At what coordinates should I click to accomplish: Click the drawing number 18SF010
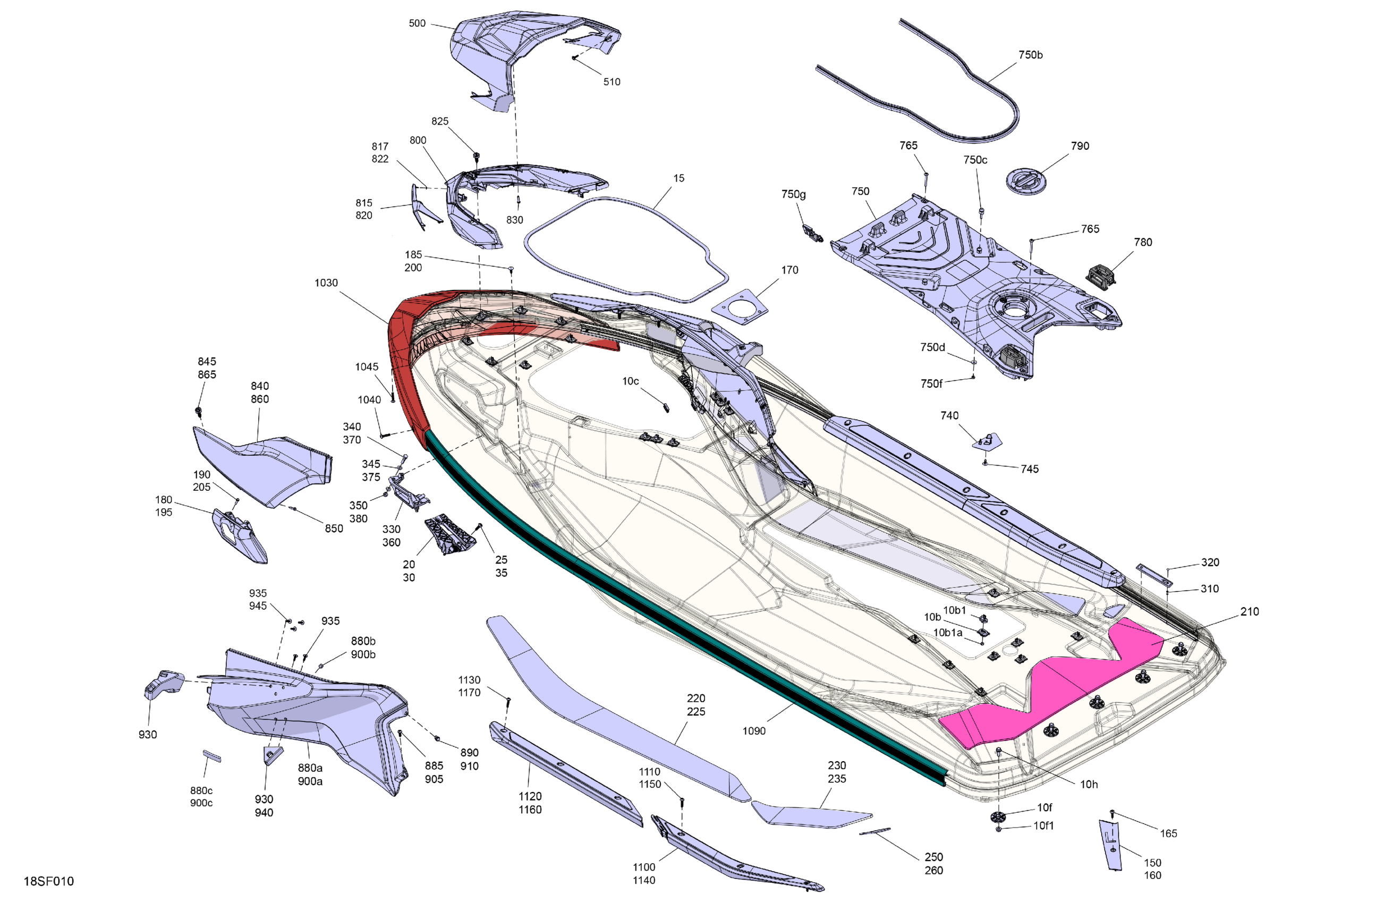[x=48, y=881]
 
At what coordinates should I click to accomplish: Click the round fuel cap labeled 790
[x=1025, y=180]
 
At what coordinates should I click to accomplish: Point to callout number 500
[x=417, y=23]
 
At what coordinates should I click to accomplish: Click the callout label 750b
[x=1030, y=55]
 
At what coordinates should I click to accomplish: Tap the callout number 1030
[x=326, y=283]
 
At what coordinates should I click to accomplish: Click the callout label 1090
[x=754, y=731]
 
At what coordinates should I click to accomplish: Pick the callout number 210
[x=1249, y=611]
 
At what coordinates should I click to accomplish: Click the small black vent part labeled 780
[x=1101, y=275]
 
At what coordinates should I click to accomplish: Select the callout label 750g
[x=793, y=194]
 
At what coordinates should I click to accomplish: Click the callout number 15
[x=678, y=178]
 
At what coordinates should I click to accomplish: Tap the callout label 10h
[x=1089, y=785]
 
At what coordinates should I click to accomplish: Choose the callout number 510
[x=611, y=82]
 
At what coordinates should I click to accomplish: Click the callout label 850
[x=334, y=529]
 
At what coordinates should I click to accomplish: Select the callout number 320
[x=1210, y=563]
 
